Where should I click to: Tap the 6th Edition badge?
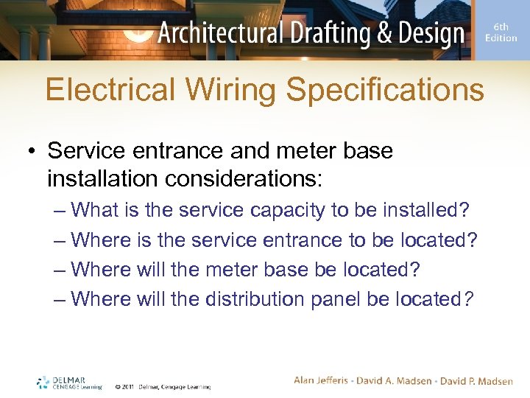point(501,33)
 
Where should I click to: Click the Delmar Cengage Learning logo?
point(69,382)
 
